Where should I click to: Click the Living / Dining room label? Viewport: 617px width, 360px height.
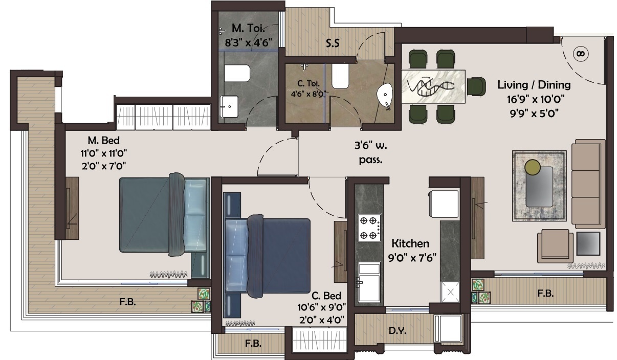point(534,85)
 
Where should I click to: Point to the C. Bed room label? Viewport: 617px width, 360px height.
point(326,296)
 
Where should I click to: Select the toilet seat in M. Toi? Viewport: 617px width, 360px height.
point(237,74)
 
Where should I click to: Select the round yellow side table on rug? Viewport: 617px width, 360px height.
point(533,167)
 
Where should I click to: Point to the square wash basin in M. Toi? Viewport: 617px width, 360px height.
point(229,107)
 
